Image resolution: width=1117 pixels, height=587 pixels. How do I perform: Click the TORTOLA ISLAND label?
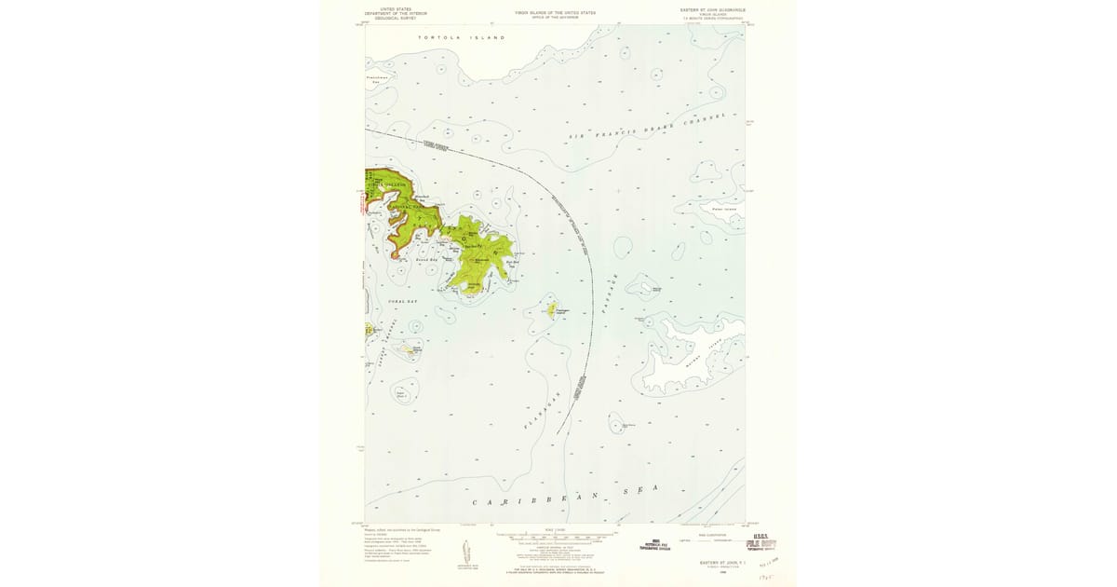pyautogui.click(x=462, y=37)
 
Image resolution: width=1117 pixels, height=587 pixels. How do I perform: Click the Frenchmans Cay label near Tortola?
pyautogui.click(x=375, y=80)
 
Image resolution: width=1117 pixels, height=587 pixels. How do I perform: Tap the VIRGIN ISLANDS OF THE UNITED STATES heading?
pyautogui.click(x=555, y=12)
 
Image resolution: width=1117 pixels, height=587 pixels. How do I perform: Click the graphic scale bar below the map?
pyautogui.click(x=555, y=539)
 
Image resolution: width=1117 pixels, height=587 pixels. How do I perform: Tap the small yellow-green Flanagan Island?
pyautogui.click(x=551, y=308)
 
